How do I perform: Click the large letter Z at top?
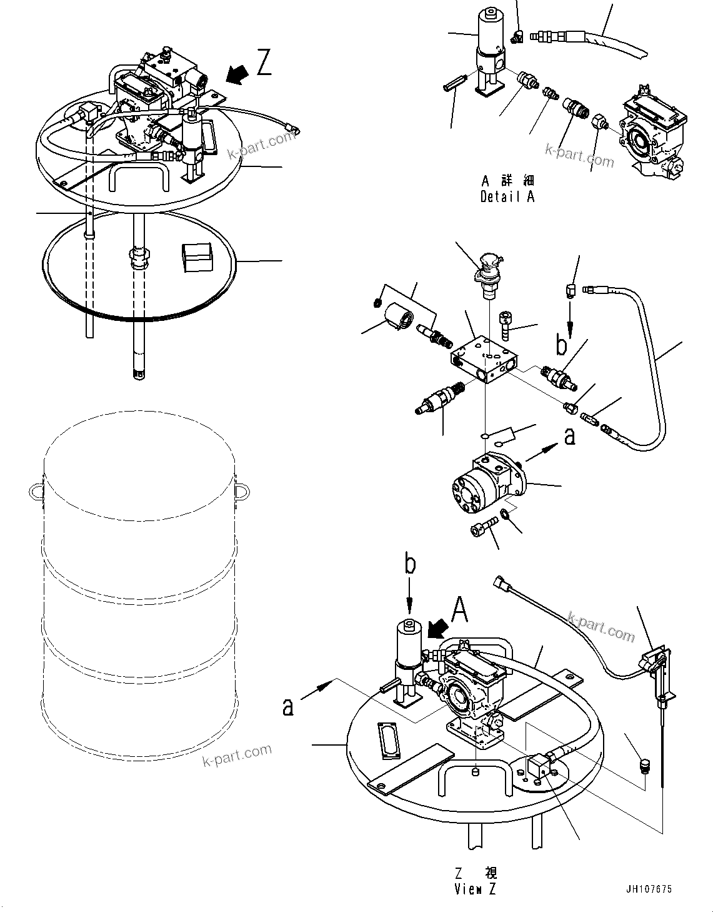click(x=264, y=63)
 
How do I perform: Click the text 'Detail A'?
click(x=507, y=196)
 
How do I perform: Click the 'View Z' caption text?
click(x=475, y=889)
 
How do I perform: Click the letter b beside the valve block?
click(x=562, y=345)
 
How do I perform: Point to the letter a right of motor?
click(x=569, y=436)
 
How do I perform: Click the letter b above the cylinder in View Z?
click(x=409, y=565)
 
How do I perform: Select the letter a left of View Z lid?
click(x=287, y=706)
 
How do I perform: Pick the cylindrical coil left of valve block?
click(x=400, y=315)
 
